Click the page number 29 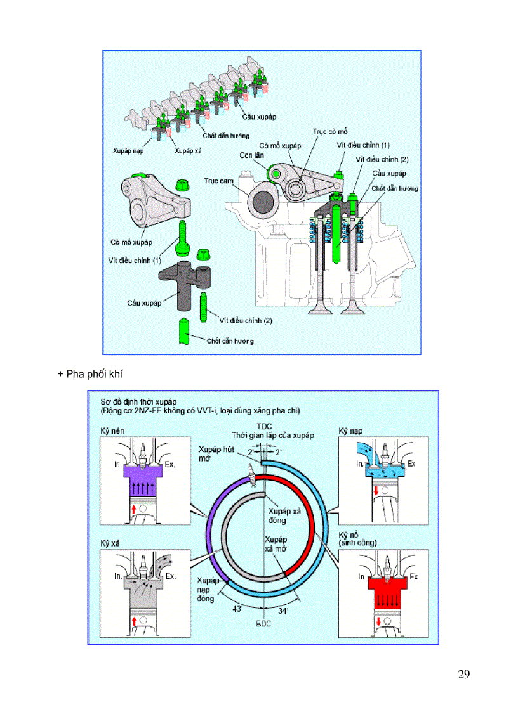[463, 674]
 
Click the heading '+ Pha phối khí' [90, 374]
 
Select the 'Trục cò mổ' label [330, 132]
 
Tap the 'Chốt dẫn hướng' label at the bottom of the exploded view [230, 341]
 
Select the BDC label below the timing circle [263, 624]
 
